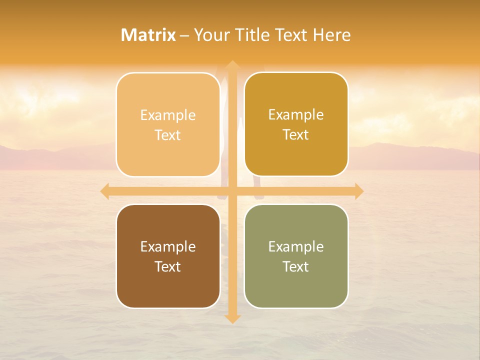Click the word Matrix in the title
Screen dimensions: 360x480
tap(148, 35)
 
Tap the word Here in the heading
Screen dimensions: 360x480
tap(331, 35)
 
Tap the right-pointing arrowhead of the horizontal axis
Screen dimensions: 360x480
tap(358, 191)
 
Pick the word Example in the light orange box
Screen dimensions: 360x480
tap(168, 115)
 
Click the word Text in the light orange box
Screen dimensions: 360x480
tap(168, 135)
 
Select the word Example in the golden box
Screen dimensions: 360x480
tap(296, 115)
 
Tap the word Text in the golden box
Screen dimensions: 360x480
tap(296, 135)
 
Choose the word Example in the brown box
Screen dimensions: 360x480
tap(168, 247)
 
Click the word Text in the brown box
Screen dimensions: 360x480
tap(168, 267)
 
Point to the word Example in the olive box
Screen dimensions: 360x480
tap(296, 247)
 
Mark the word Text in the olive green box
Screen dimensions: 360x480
tap(296, 267)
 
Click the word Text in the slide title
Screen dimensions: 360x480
tap(290, 35)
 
